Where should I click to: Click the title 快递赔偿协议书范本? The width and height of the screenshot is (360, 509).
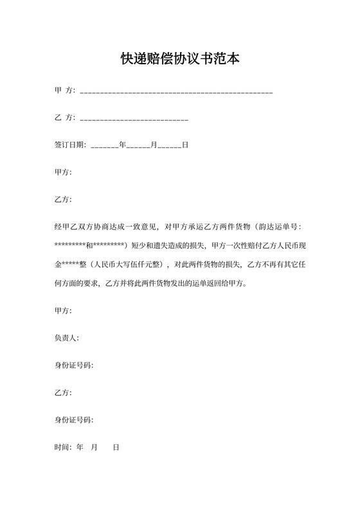point(180,59)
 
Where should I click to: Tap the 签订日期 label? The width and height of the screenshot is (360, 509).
point(70,145)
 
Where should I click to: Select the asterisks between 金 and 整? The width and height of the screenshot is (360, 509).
point(70,264)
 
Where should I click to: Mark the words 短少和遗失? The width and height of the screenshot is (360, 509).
point(151,246)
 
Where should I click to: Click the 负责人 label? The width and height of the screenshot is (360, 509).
point(66,338)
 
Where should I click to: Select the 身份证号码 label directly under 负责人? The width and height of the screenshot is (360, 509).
point(73,366)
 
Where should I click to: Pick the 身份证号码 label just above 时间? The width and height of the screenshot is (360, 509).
point(73,420)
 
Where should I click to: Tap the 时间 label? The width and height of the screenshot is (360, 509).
point(63,447)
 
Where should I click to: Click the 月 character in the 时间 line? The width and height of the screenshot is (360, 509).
point(94,447)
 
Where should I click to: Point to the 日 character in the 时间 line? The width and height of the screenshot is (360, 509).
point(116,447)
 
